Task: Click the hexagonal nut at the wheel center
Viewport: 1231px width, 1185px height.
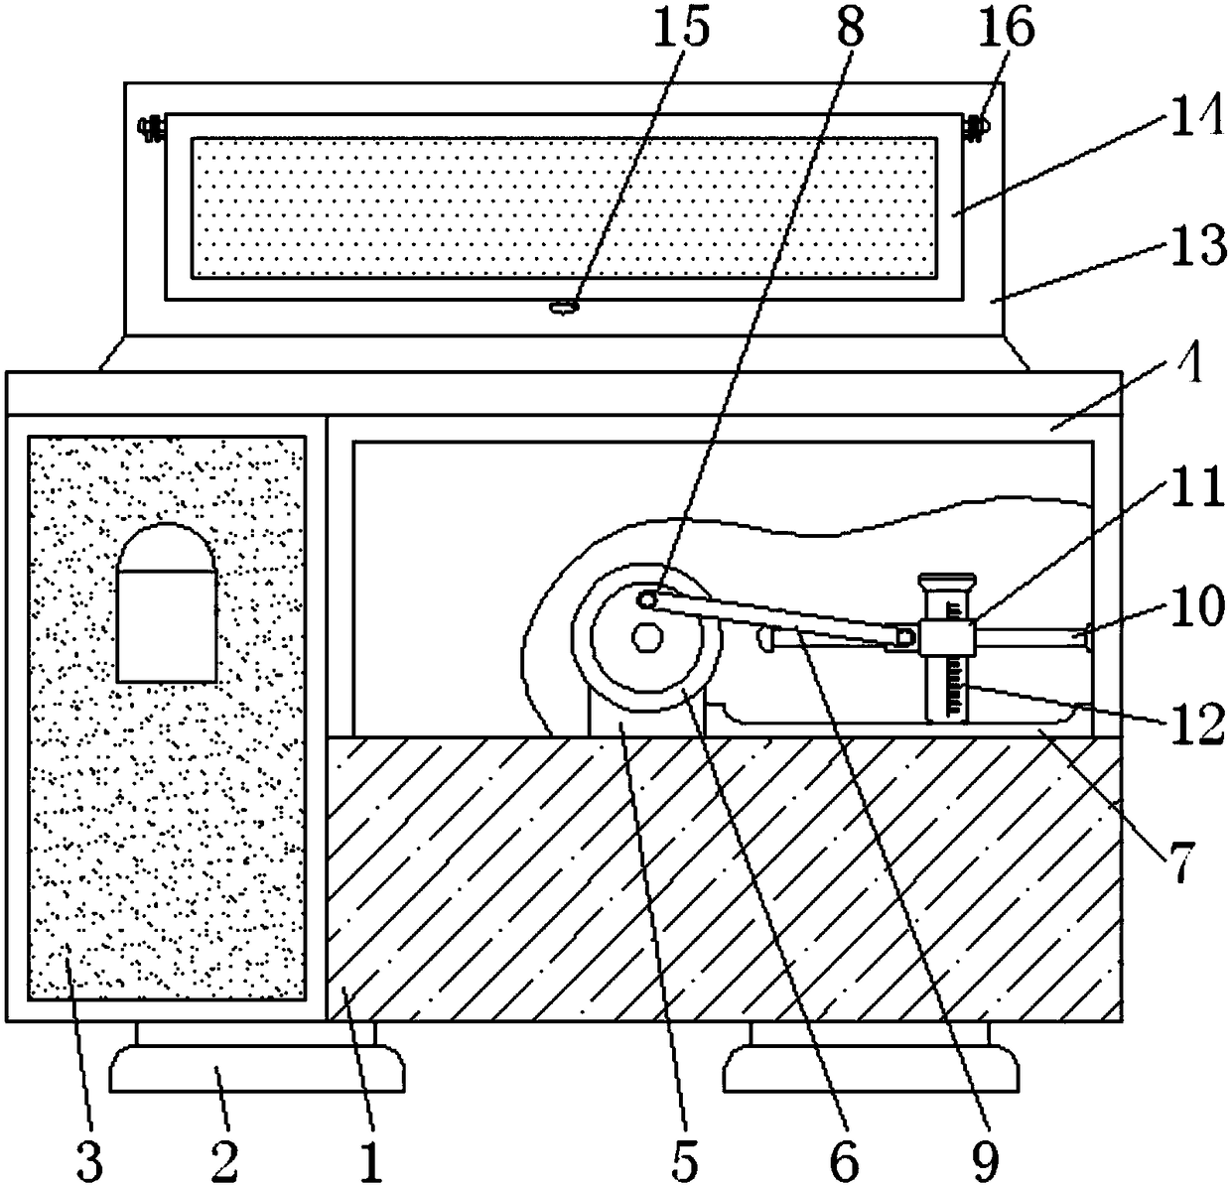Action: [647, 636]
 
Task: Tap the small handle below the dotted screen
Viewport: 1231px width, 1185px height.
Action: [564, 308]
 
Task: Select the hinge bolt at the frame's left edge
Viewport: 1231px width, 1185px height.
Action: [152, 128]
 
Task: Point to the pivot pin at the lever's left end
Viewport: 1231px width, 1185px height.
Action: [648, 599]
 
